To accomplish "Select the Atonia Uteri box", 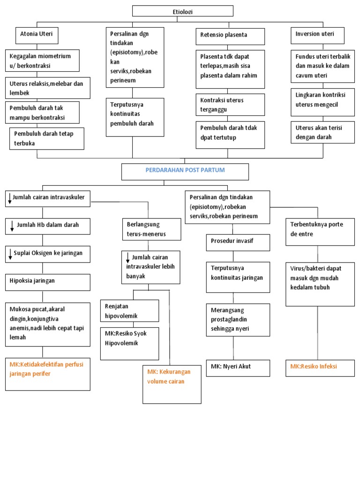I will [37, 35].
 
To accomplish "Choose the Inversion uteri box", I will [318, 35].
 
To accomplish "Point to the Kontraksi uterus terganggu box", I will [230, 105].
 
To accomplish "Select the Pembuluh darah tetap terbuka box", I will [47, 138].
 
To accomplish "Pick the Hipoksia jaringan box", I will [48, 282].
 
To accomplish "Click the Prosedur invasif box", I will [238, 242].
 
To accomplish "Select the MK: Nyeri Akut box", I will [238, 367].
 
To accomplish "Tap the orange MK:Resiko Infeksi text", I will [314, 367].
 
